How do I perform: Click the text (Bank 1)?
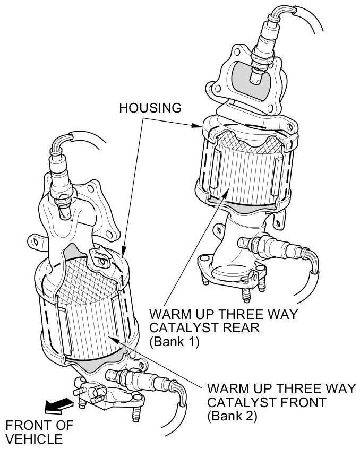[x=174, y=342]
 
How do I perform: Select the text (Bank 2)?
[x=232, y=416]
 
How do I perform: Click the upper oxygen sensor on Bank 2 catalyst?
[x=58, y=170]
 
